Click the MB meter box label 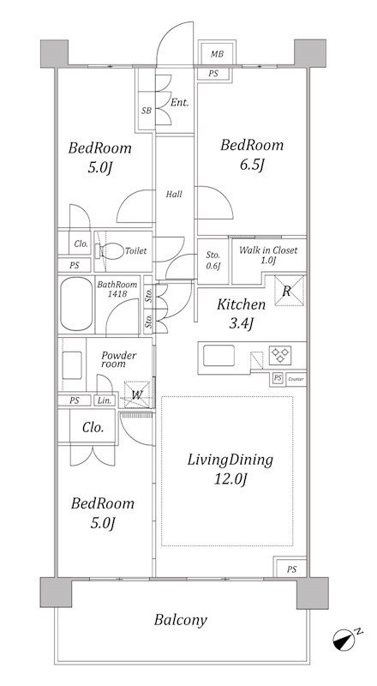pyautogui.click(x=217, y=55)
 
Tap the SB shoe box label pyautogui.click(x=147, y=111)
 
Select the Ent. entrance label pyautogui.click(x=180, y=103)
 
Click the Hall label pyautogui.click(x=174, y=195)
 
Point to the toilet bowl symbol pyautogui.click(x=110, y=251)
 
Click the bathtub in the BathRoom pyautogui.click(x=76, y=304)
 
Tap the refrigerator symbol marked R pyautogui.click(x=288, y=291)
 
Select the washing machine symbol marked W pyautogui.click(x=137, y=394)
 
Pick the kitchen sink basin pyautogui.click(x=218, y=355)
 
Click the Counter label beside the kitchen pyautogui.click(x=296, y=379)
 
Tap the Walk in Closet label pyautogui.click(x=268, y=250)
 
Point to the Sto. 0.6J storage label pyautogui.click(x=213, y=261)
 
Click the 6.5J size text pyautogui.click(x=251, y=165)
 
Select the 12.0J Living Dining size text pyautogui.click(x=230, y=479)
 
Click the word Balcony pyautogui.click(x=180, y=620)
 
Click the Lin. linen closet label pyautogui.click(x=104, y=400)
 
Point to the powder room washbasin pyautogui.click(x=72, y=365)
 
